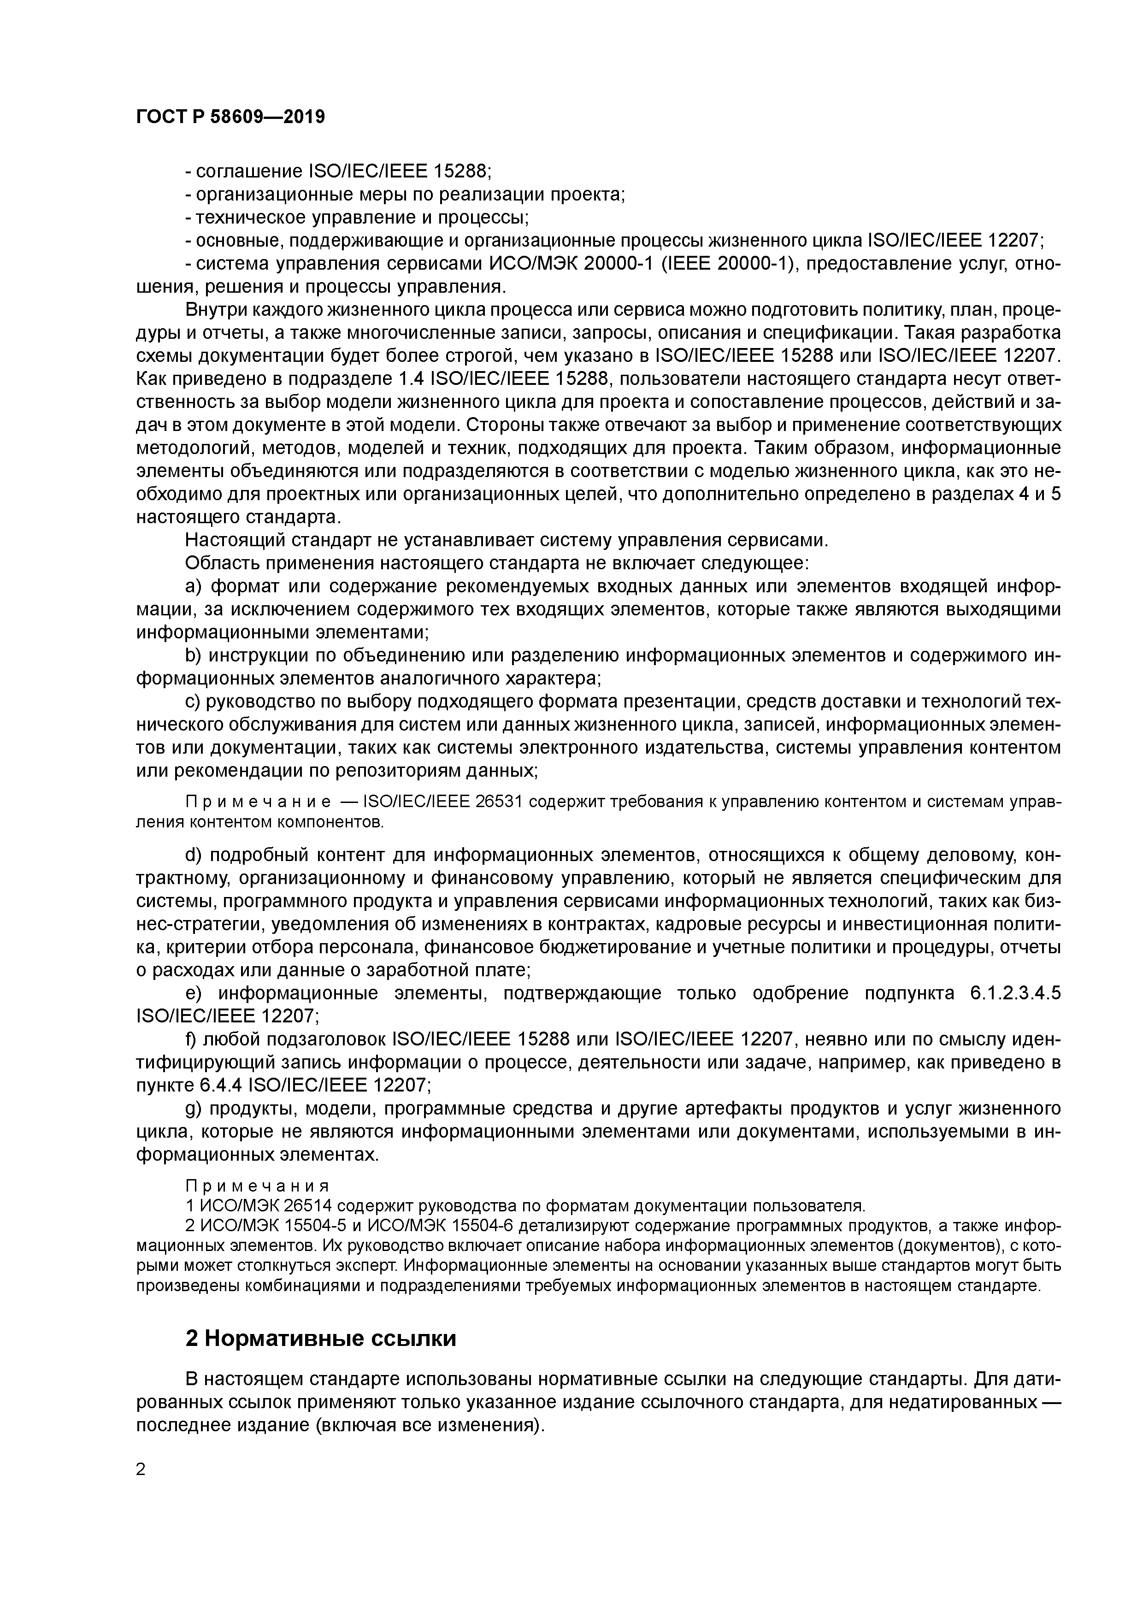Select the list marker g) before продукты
click(193, 1109)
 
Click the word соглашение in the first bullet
click(249, 171)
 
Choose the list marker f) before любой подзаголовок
click(192, 1039)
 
